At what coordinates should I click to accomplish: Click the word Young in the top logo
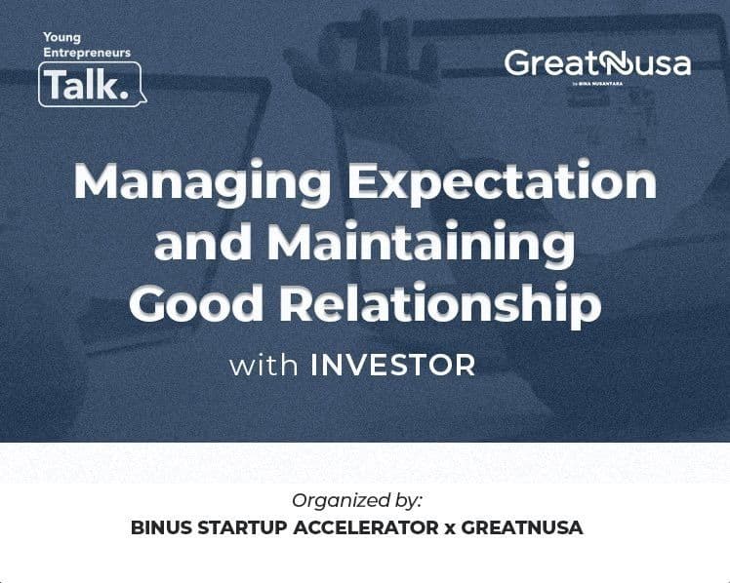[x=61, y=38]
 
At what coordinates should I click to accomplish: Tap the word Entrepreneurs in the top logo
[x=87, y=53]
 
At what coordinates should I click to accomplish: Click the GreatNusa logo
[x=597, y=65]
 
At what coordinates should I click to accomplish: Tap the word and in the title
[x=200, y=242]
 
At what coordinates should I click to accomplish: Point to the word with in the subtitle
[x=264, y=367]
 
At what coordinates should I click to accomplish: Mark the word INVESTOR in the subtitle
[x=392, y=367]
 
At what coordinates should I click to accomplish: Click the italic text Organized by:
[x=356, y=500]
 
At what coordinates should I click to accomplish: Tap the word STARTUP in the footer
[x=245, y=527]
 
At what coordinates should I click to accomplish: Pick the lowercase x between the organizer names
[x=451, y=528]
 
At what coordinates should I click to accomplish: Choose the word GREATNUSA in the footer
[x=522, y=527]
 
